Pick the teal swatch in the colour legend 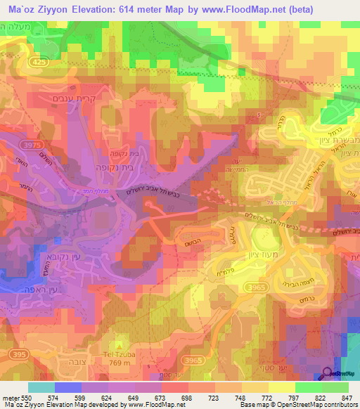pos(41,388)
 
